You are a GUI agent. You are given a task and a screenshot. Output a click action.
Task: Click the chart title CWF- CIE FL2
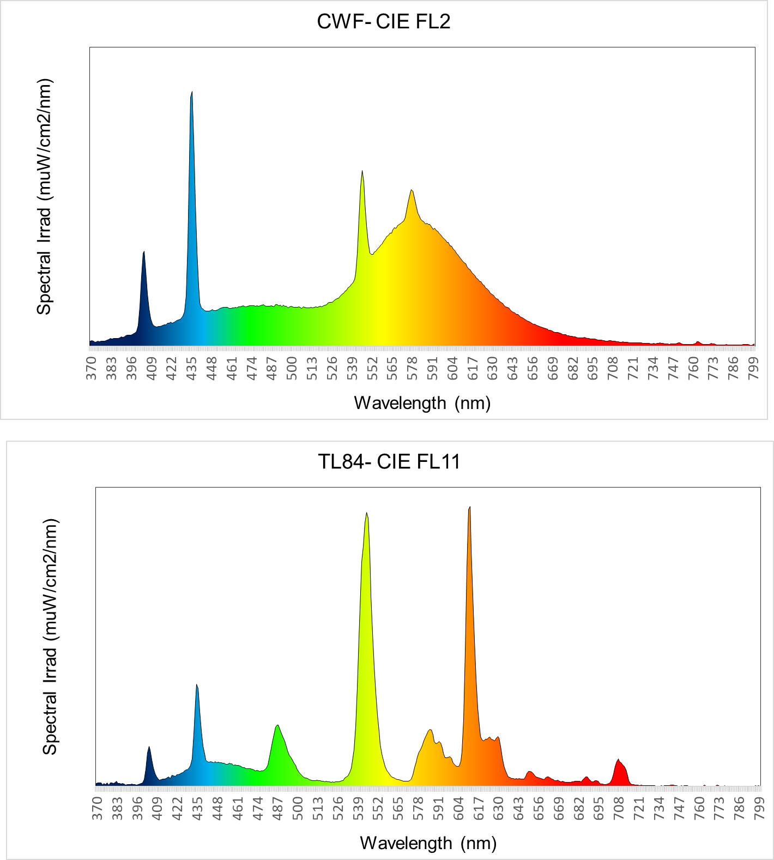[x=384, y=22]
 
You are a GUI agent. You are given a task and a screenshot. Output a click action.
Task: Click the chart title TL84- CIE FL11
[x=389, y=462]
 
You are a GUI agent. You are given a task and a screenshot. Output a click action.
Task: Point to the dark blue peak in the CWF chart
[x=144, y=254]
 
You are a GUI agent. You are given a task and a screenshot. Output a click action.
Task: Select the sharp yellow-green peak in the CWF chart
[x=362, y=173]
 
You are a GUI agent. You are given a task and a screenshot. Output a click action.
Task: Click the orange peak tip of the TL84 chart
[x=469, y=509]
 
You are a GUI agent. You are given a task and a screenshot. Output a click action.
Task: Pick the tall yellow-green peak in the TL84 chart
[x=367, y=515]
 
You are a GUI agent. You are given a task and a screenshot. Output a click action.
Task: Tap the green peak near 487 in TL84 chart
[x=278, y=727]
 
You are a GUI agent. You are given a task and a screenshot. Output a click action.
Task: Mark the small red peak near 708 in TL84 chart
[x=618, y=761]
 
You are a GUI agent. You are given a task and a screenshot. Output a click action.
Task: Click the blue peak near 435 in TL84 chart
[x=197, y=687]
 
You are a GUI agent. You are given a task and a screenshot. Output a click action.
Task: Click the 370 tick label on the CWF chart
[x=92, y=369]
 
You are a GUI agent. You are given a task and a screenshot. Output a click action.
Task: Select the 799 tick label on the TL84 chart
[x=758, y=809]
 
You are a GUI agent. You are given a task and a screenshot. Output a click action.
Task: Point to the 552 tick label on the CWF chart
[x=372, y=369]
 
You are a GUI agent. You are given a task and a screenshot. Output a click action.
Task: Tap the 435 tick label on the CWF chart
[x=192, y=369]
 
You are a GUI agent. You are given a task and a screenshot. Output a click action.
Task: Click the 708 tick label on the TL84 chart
[x=619, y=809]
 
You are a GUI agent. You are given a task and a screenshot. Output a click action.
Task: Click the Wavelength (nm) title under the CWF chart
[x=422, y=403]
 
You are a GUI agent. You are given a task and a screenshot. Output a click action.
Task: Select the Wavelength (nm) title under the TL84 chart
[x=428, y=843]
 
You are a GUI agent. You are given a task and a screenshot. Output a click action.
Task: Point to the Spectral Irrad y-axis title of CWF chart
[x=44, y=196]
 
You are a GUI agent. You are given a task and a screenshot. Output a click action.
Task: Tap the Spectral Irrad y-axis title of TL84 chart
[x=50, y=636]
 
